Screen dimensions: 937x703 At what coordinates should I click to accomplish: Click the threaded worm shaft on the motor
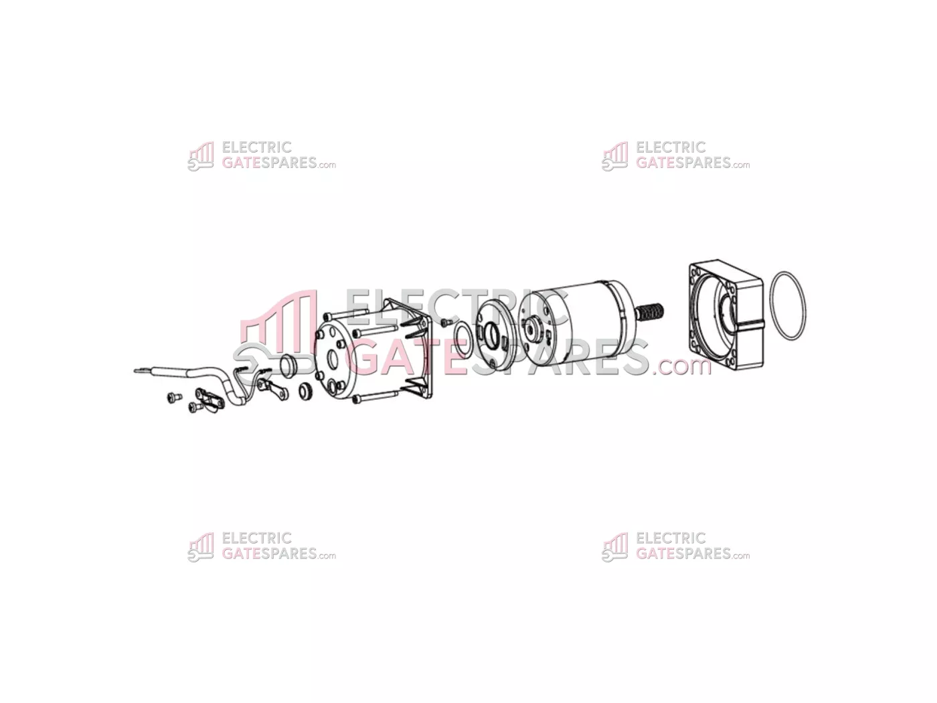coord(649,311)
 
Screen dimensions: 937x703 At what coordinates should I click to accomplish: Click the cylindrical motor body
coord(576,325)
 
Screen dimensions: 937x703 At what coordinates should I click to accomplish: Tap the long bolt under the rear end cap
coord(375,398)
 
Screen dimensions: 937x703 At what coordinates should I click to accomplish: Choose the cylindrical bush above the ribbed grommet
coord(288,366)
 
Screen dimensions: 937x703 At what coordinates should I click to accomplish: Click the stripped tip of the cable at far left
coord(141,370)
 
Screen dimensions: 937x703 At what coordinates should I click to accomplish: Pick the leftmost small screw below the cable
coord(174,398)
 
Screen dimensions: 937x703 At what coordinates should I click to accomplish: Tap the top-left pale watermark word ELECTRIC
coord(256,147)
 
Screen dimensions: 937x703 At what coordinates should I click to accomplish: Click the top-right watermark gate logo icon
coord(614,156)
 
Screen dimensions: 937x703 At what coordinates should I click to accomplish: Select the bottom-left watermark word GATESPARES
coord(269,554)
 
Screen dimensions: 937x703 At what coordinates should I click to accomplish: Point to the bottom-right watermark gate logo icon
coord(614,548)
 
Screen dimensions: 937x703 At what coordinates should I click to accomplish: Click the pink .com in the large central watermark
coord(681,366)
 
